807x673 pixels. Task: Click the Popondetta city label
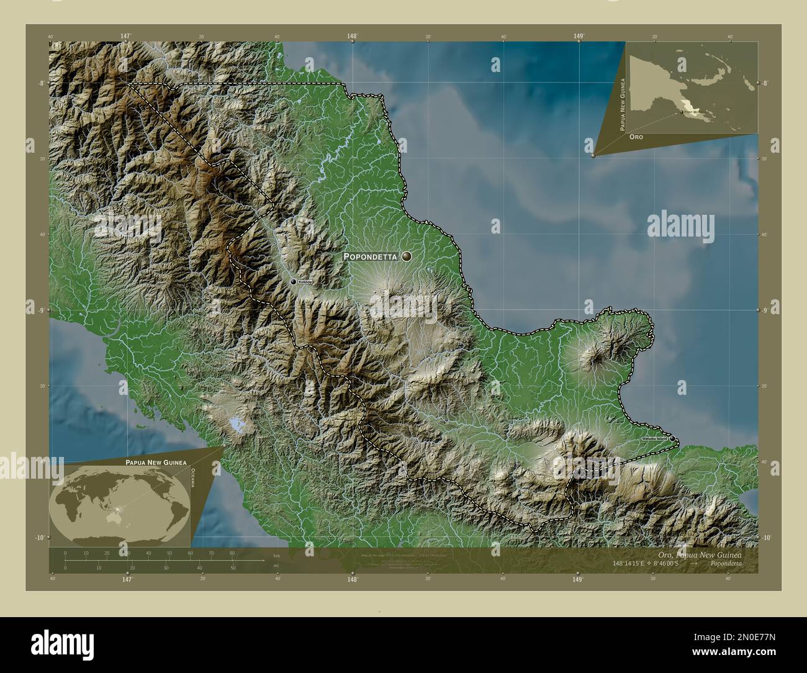[x=371, y=256]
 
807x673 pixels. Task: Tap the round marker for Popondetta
[x=407, y=256]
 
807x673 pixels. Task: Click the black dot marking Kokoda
[x=294, y=282]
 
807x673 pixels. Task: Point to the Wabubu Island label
[x=654, y=439]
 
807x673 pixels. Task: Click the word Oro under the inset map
[x=635, y=135]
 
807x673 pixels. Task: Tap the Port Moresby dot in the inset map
[x=681, y=112]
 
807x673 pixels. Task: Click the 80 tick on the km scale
[x=232, y=553]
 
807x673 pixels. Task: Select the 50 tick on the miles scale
[x=233, y=567]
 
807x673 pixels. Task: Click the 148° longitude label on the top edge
[x=352, y=37]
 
